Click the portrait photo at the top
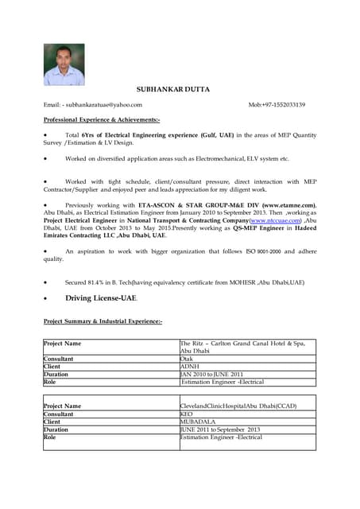tap(64, 64)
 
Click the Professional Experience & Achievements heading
tap(102, 119)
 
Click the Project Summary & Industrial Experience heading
tap(103, 321)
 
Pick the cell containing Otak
tap(188, 359)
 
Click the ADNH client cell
tap(190, 367)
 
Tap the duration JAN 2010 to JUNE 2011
tap(211, 374)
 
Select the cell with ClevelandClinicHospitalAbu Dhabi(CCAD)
tap(238, 406)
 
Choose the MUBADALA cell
tap(199, 422)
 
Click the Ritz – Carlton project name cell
tap(242, 347)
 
